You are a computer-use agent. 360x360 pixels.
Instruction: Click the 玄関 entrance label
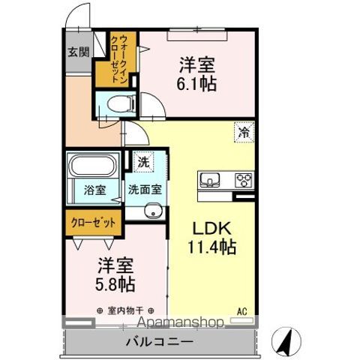click(x=79, y=52)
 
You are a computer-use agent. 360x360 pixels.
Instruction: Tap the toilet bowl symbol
click(x=121, y=103)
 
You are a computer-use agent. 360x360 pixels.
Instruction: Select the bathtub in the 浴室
click(x=94, y=166)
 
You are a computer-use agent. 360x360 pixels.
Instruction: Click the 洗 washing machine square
click(x=143, y=162)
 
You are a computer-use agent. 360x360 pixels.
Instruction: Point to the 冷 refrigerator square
click(x=244, y=133)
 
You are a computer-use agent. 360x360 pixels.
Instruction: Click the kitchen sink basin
click(x=209, y=179)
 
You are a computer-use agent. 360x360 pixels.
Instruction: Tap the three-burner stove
click(x=244, y=180)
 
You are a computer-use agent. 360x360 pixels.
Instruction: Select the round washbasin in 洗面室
click(x=153, y=211)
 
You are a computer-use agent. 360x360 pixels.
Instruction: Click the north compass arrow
click(x=286, y=341)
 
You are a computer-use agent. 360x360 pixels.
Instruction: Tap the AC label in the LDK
click(x=242, y=311)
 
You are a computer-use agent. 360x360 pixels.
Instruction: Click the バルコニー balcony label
click(x=160, y=341)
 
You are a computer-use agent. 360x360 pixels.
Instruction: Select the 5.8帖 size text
click(x=115, y=284)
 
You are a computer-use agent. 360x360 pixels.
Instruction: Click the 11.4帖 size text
click(x=212, y=246)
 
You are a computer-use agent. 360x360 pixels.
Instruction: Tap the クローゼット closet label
click(x=94, y=223)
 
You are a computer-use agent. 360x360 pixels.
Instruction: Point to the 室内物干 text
click(x=125, y=310)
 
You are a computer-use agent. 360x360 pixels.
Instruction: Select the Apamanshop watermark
click(x=181, y=322)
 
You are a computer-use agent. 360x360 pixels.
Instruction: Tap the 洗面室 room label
click(x=145, y=190)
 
